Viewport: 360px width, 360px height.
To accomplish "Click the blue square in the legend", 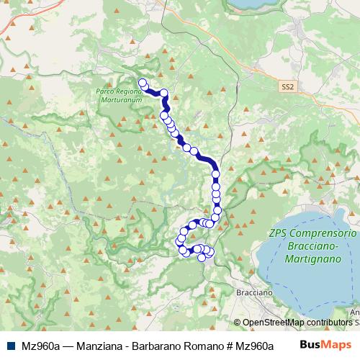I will coord(9,345).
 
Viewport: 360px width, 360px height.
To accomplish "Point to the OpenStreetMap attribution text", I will coord(274,323).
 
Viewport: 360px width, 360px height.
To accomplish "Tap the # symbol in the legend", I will coord(232,345).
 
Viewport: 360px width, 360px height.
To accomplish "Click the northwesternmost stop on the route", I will coord(142,82).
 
